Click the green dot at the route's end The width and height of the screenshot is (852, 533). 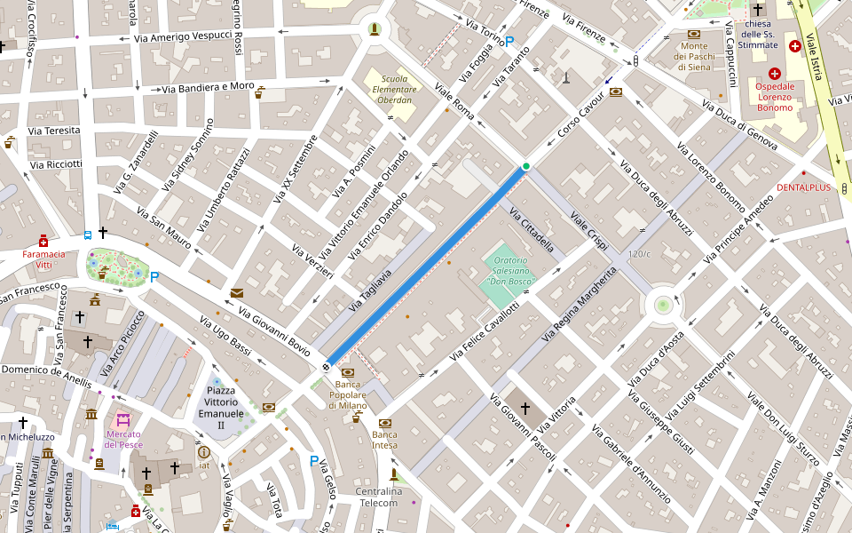click(x=525, y=166)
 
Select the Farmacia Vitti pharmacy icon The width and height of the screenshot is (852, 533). click(x=43, y=241)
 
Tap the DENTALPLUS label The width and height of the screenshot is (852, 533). click(x=803, y=187)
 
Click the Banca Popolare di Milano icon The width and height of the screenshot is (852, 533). click(x=348, y=372)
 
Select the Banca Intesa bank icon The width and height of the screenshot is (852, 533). click(x=385, y=423)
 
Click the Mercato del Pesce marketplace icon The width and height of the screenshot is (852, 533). click(x=122, y=419)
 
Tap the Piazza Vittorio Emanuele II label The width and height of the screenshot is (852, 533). click(x=220, y=408)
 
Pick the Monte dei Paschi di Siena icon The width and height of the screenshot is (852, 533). click(x=694, y=34)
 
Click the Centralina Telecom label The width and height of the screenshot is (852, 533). click(x=378, y=497)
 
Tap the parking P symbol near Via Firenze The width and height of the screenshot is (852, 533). click(x=509, y=41)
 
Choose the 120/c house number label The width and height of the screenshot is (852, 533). click(x=639, y=255)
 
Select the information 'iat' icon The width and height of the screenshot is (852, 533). click(x=204, y=452)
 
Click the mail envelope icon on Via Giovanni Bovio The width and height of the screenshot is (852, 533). click(x=236, y=293)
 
